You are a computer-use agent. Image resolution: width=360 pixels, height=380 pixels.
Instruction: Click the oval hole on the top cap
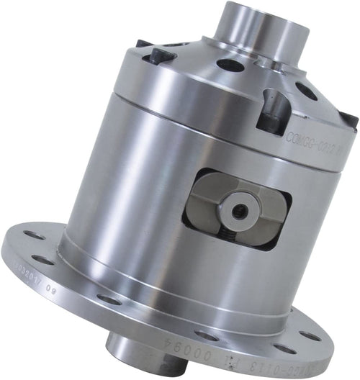(230, 65)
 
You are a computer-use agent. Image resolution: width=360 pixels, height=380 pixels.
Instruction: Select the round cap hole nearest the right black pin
(305, 91)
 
